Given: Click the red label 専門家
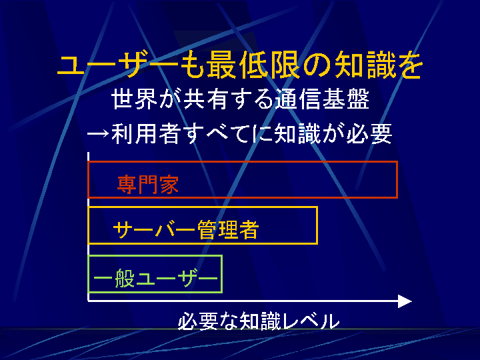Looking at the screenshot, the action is [x=148, y=184].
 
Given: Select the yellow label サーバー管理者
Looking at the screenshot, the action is [x=186, y=229].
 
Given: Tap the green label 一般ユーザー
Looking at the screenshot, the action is [x=155, y=278].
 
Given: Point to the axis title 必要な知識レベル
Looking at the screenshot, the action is [x=259, y=321].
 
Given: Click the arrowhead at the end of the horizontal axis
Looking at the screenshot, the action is [x=405, y=301].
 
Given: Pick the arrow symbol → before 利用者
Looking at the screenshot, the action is [x=98, y=134].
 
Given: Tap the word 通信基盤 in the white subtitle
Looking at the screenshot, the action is [x=321, y=99].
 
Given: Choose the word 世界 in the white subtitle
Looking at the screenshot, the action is [x=135, y=99].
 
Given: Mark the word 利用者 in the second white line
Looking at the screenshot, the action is [x=145, y=134].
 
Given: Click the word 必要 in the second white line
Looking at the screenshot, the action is [x=369, y=134].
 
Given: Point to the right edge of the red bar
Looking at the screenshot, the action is [x=397, y=180].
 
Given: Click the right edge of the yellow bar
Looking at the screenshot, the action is [x=317, y=225].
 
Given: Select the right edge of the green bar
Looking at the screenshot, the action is [x=221, y=274].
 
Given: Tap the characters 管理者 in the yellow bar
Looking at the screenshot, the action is [x=228, y=229].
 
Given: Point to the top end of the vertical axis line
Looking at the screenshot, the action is [x=89, y=153].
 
